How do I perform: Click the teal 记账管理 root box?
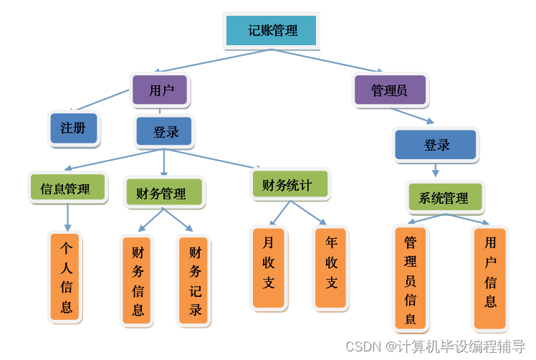(x=272, y=31)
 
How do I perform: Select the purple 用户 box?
(x=161, y=90)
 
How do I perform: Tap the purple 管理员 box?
(x=390, y=90)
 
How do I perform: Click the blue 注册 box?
(x=73, y=128)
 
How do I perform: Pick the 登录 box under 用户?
(x=165, y=132)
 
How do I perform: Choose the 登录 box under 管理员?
(x=436, y=145)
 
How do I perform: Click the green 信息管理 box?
(x=67, y=189)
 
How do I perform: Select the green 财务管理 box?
(x=163, y=193)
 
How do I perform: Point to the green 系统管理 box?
(x=445, y=197)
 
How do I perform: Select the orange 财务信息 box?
(x=137, y=280)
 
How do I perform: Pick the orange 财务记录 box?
(x=193, y=280)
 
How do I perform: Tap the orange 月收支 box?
(x=268, y=267)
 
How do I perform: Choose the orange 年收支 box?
(x=331, y=267)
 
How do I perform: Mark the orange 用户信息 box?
(x=490, y=277)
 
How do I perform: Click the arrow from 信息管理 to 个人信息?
(x=68, y=217)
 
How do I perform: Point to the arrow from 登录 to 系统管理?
(x=435, y=170)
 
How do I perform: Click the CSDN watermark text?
(x=435, y=347)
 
